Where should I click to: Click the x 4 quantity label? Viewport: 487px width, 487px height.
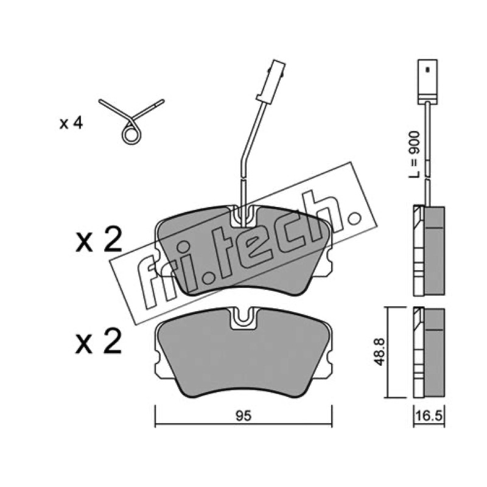(71, 124)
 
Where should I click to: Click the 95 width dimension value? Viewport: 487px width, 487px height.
(243, 416)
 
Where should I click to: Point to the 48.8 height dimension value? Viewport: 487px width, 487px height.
(380, 352)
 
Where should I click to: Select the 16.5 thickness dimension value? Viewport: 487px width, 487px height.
(429, 416)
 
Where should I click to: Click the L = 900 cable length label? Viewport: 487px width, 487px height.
(414, 155)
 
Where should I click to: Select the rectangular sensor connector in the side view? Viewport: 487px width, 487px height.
(428, 82)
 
